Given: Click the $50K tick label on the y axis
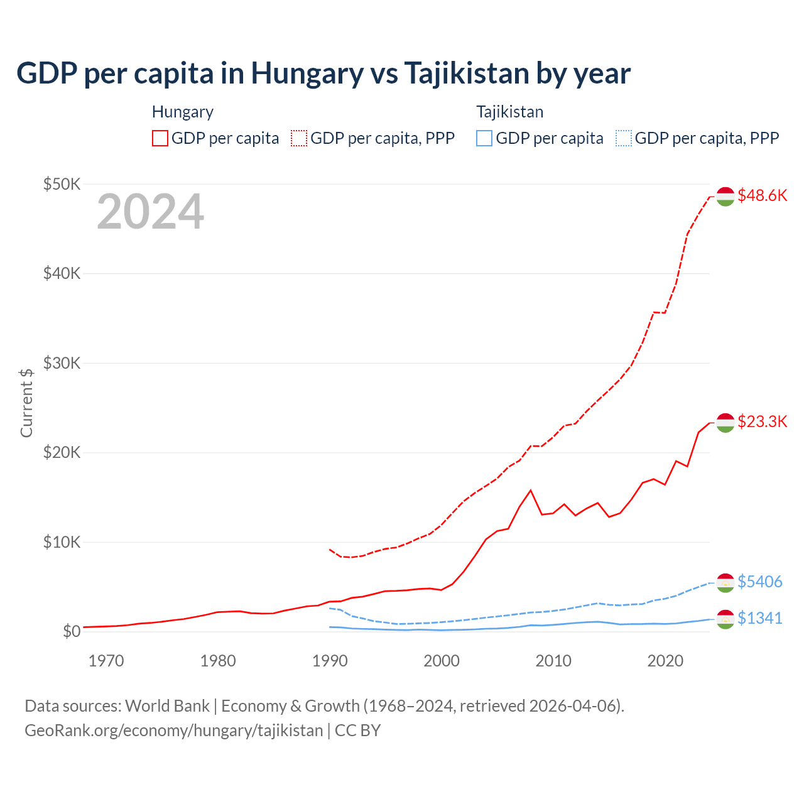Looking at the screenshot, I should pyautogui.click(x=62, y=184).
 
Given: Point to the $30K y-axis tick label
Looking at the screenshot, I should pyautogui.click(x=62, y=363).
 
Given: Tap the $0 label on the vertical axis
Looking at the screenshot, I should pyautogui.click(x=72, y=631).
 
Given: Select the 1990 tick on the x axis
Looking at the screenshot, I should pyautogui.click(x=330, y=661).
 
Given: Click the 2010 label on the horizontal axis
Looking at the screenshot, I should pyautogui.click(x=553, y=661).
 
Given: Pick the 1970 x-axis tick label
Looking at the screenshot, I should pyautogui.click(x=106, y=661).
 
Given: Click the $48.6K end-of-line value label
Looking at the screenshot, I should pyautogui.click(x=762, y=195).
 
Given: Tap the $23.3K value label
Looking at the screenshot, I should pyautogui.click(x=762, y=421).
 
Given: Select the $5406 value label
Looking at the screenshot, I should pyautogui.click(x=759, y=582).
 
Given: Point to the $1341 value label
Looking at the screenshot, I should pyautogui.click(x=759, y=618).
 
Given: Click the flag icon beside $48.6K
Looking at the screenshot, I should pyautogui.click(x=725, y=196).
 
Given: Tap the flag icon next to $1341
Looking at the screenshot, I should pyautogui.click(x=725, y=619).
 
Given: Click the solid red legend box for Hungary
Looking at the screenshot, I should pyautogui.click(x=160, y=138).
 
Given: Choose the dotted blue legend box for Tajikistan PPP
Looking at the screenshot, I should pyautogui.click(x=624, y=138).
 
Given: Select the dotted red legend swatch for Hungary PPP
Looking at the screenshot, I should pyautogui.click(x=300, y=138).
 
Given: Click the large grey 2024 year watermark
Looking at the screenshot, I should pyautogui.click(x=150, y=212).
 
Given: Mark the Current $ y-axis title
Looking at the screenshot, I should pyautogui.click(x=26, y=403).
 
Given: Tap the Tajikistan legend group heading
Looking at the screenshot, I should pyautogui.click(x=509, y=112).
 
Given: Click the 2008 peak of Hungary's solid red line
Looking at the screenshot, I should pyautogui.click(x=531, y=490).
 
